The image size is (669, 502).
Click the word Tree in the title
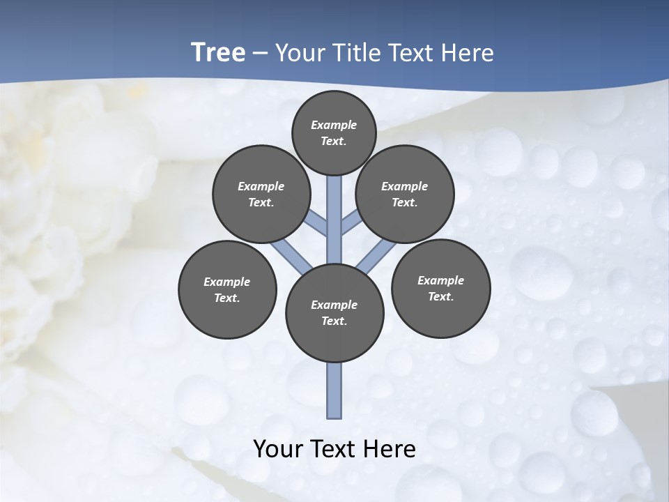(x=218, y=53)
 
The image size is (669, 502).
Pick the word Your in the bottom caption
(x=279, y=449)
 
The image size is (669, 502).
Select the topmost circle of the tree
(x=334, y=132)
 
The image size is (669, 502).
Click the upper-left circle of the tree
(x=261, y=194)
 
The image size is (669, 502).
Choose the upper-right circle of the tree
(x=405, y=194)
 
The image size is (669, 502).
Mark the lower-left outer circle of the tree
(x=227, y=289)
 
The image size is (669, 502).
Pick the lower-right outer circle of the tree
(x=440, y=288)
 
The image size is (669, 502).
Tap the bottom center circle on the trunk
(x=334, y=312)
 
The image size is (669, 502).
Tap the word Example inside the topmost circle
(x=334, y=125)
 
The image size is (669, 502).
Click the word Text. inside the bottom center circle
(x=334, y=321)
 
